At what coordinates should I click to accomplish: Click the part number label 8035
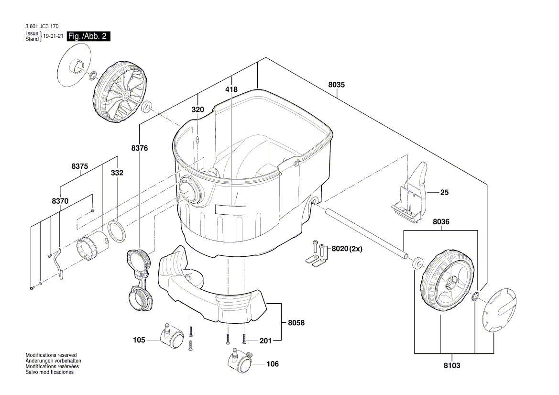pos(337,85)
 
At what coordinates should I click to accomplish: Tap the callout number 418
pos(231,89)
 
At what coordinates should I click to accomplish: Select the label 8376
pos(140,148)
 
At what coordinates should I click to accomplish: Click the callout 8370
pos(60,202)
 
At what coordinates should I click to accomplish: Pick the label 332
pos(117,173)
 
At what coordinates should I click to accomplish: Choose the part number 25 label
pos(444,193)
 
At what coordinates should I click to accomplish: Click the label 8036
pos(441,222)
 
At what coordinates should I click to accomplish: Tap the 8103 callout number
pos(452,365)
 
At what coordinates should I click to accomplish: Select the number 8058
pos(296,323)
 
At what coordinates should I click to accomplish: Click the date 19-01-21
pos(53,36)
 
